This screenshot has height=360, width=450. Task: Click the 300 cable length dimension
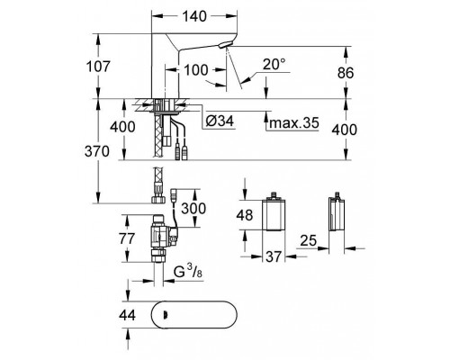click(x=193, y=209)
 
